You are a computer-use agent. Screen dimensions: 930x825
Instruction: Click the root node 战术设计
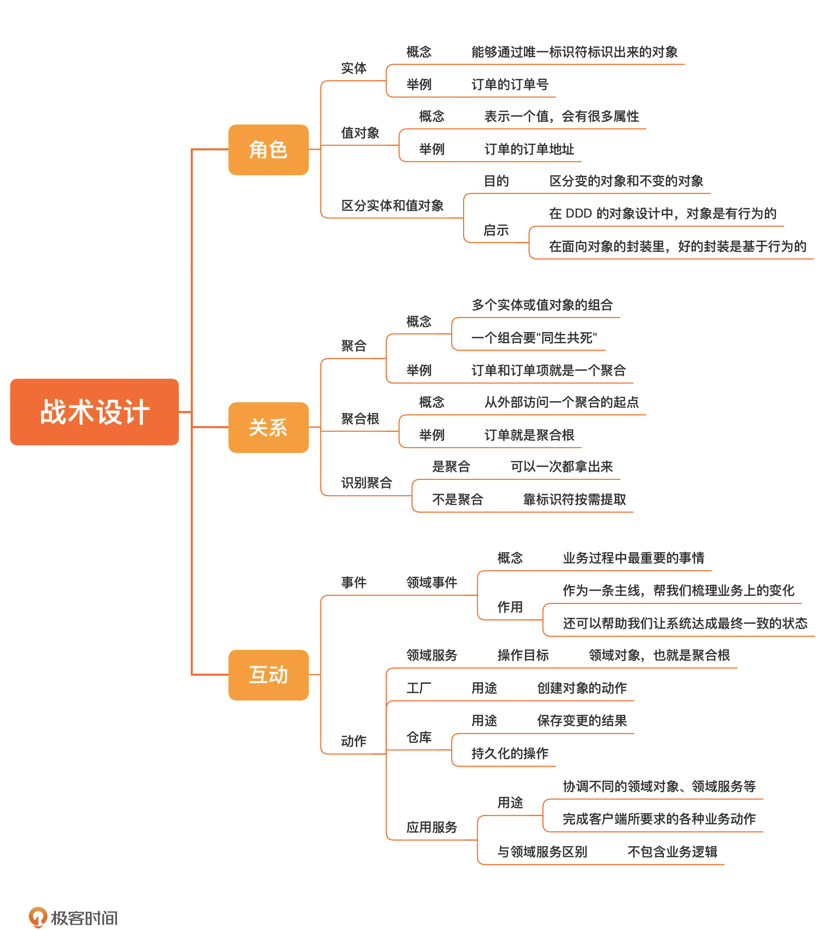94,412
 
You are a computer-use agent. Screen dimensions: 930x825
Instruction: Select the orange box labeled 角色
268,150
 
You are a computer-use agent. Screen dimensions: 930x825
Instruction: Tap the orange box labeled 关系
268,427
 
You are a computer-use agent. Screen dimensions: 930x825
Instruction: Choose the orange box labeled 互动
268,674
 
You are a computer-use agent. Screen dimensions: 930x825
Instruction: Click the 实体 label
353,68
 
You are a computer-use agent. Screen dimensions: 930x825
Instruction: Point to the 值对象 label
360,133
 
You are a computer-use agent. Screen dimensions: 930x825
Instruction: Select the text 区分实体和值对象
392,206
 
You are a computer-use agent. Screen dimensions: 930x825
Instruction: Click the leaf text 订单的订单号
509,85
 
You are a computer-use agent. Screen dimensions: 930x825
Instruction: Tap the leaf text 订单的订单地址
529,149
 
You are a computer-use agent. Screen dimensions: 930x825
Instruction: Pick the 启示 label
496,230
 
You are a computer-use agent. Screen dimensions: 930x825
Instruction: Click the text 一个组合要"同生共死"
534,338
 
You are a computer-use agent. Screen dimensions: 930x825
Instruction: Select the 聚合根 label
360,419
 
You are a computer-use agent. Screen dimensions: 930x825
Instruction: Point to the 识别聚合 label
366,483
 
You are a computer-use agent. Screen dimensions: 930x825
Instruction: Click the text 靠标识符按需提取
574,500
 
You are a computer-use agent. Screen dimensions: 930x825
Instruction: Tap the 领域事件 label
431,582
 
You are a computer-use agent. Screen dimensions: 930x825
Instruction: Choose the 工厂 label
418,688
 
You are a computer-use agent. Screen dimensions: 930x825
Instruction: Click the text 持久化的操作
509,754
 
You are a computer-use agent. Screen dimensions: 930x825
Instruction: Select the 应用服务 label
431,827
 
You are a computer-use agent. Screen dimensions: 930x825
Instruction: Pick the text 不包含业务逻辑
672,852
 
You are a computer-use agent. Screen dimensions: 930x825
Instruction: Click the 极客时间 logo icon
37,917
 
